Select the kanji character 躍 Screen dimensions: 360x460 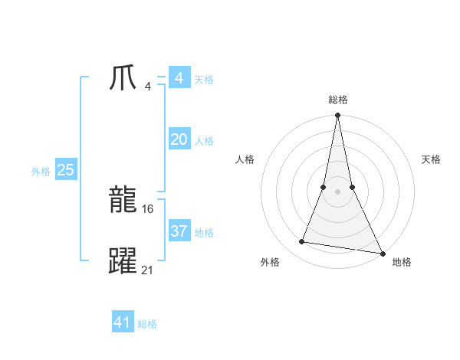pos(123,260)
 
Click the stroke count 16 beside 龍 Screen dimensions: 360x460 pos(148,209)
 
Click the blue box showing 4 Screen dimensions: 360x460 pos(179,78)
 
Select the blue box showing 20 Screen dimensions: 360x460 pos(179,139)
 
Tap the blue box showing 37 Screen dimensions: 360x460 pos(179,231)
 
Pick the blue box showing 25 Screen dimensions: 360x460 pos(65,170)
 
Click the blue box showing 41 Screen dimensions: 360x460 pos(123,322)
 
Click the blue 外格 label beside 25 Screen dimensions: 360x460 pos(41,172)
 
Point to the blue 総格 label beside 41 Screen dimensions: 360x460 pos(147,324)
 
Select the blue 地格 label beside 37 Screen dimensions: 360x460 pos(204,233)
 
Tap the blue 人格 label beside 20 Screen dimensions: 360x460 pos(204,141)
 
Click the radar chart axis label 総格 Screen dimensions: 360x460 pos(338,100)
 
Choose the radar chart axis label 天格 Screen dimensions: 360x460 pos(431,159)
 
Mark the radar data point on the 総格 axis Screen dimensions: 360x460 pos(337,116)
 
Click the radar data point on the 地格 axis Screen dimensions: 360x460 pos(382,253)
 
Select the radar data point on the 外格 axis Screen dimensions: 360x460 pos(302,242)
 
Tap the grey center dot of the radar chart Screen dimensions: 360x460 pos(337,191)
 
